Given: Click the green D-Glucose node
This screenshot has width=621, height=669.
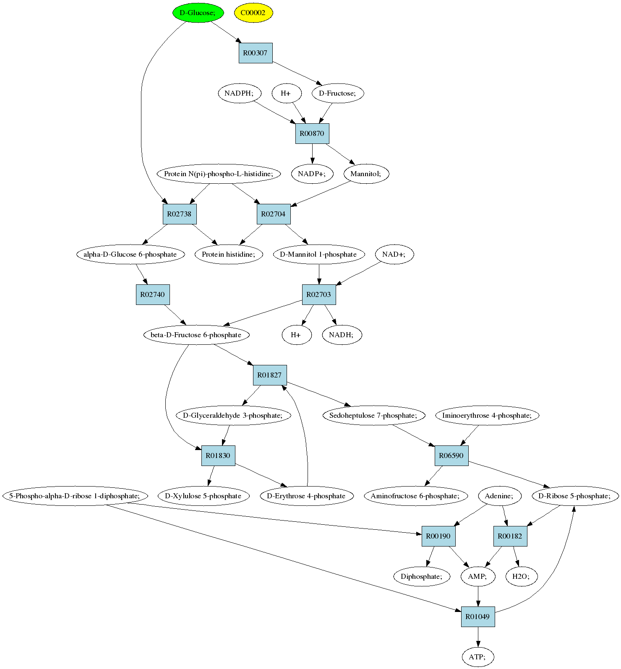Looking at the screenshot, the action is (x=197, y=13).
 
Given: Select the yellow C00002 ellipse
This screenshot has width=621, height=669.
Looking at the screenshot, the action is (x=253, y=13).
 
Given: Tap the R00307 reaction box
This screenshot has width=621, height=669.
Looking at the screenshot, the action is (x=256, y=53).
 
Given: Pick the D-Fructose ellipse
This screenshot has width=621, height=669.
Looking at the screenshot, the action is (x=338, y=93).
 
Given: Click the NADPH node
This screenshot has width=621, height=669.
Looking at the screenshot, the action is (x=239, y=93).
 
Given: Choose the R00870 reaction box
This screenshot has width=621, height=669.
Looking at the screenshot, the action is (x=312, y=133).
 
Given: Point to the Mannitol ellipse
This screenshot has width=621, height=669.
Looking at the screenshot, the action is (x=366, y=174).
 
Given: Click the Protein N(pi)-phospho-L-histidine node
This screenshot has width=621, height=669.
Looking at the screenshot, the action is (x=219, y=174).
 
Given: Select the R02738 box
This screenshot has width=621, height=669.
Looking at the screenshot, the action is (x=180, y=214).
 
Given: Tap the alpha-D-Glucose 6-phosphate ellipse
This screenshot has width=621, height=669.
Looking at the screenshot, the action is (x=130, y=254).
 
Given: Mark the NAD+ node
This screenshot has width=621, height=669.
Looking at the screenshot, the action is (x=394, y=254).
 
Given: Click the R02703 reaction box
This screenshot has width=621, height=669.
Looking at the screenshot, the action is (x=319, y=294).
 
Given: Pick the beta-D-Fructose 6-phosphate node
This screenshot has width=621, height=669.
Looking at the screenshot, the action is (x=196, y=335).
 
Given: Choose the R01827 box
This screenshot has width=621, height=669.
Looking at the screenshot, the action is (x=270, y=375).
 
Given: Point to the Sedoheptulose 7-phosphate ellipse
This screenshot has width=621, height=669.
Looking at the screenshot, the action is (x=373, y=415).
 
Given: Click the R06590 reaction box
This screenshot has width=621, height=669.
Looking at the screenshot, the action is (x=451, y=456).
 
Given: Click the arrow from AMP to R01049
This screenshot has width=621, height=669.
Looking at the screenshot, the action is (x=478, y=596).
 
